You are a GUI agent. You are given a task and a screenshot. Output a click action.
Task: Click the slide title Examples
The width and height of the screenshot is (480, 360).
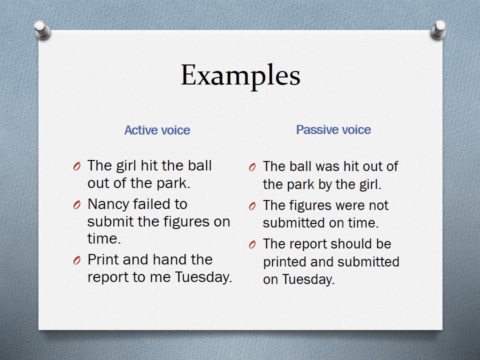(240, 75)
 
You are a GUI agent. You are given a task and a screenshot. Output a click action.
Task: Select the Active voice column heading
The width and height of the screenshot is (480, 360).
(157, 130)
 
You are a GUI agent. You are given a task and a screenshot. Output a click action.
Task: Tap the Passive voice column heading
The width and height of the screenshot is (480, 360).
(333, 130)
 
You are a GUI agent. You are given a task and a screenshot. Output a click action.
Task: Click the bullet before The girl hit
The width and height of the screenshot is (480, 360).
(76, 166)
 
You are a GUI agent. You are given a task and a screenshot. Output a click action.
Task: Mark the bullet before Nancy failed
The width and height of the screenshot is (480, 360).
(76, 205)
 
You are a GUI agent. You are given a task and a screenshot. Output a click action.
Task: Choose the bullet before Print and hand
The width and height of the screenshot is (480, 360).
(76, 260)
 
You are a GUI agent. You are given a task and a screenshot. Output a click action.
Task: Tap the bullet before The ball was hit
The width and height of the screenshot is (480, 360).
(252, 167)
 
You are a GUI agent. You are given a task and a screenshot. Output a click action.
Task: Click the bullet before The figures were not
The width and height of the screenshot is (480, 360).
(252, 206)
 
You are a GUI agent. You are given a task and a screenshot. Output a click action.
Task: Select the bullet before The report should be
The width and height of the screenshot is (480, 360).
(252, 244)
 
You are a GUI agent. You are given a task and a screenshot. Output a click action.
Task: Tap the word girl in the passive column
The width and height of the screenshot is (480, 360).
(369, 185)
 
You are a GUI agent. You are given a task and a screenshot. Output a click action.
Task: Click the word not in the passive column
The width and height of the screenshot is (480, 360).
(378, 205)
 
